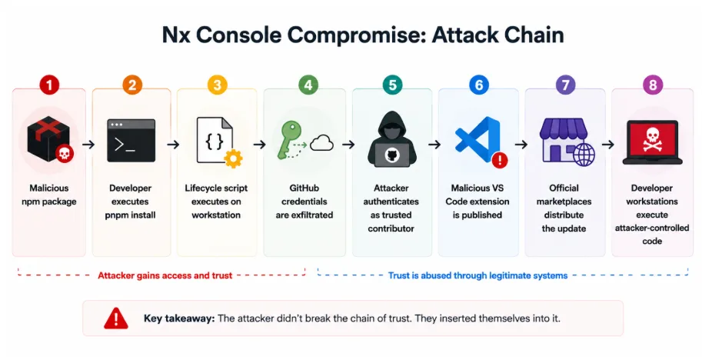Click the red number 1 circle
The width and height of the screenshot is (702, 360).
[49, 85]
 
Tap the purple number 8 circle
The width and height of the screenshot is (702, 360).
[652, 85]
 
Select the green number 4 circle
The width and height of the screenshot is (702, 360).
[308, 85]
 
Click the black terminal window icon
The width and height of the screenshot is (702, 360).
[131, 141]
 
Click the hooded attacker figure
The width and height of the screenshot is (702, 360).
[392, 139]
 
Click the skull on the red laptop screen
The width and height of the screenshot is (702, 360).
[652, 138]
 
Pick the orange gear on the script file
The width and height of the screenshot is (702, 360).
[233, 158]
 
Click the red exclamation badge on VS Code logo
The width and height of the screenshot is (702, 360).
[500, 160]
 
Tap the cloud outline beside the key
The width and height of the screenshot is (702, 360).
[321, 144]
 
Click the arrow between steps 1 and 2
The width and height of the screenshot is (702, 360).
[88, 144]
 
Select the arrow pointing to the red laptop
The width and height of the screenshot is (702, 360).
[608, 144]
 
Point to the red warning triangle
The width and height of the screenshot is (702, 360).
[116, 318]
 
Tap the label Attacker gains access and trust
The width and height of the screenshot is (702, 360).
[165, 275]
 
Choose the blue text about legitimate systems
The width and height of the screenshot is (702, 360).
[477, 275]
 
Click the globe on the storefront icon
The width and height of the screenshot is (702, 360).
[584, 155]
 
